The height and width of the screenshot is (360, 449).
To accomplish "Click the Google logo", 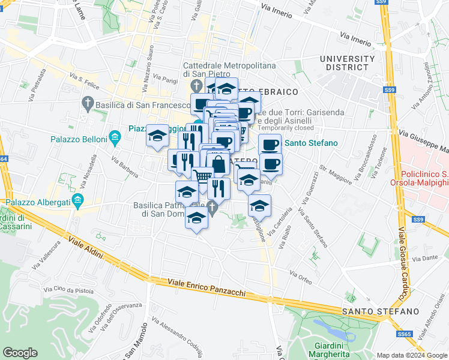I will coord(20,352).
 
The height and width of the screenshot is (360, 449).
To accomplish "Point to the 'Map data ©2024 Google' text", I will coord(411,355).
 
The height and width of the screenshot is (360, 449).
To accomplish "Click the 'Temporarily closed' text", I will coord(286,128).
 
